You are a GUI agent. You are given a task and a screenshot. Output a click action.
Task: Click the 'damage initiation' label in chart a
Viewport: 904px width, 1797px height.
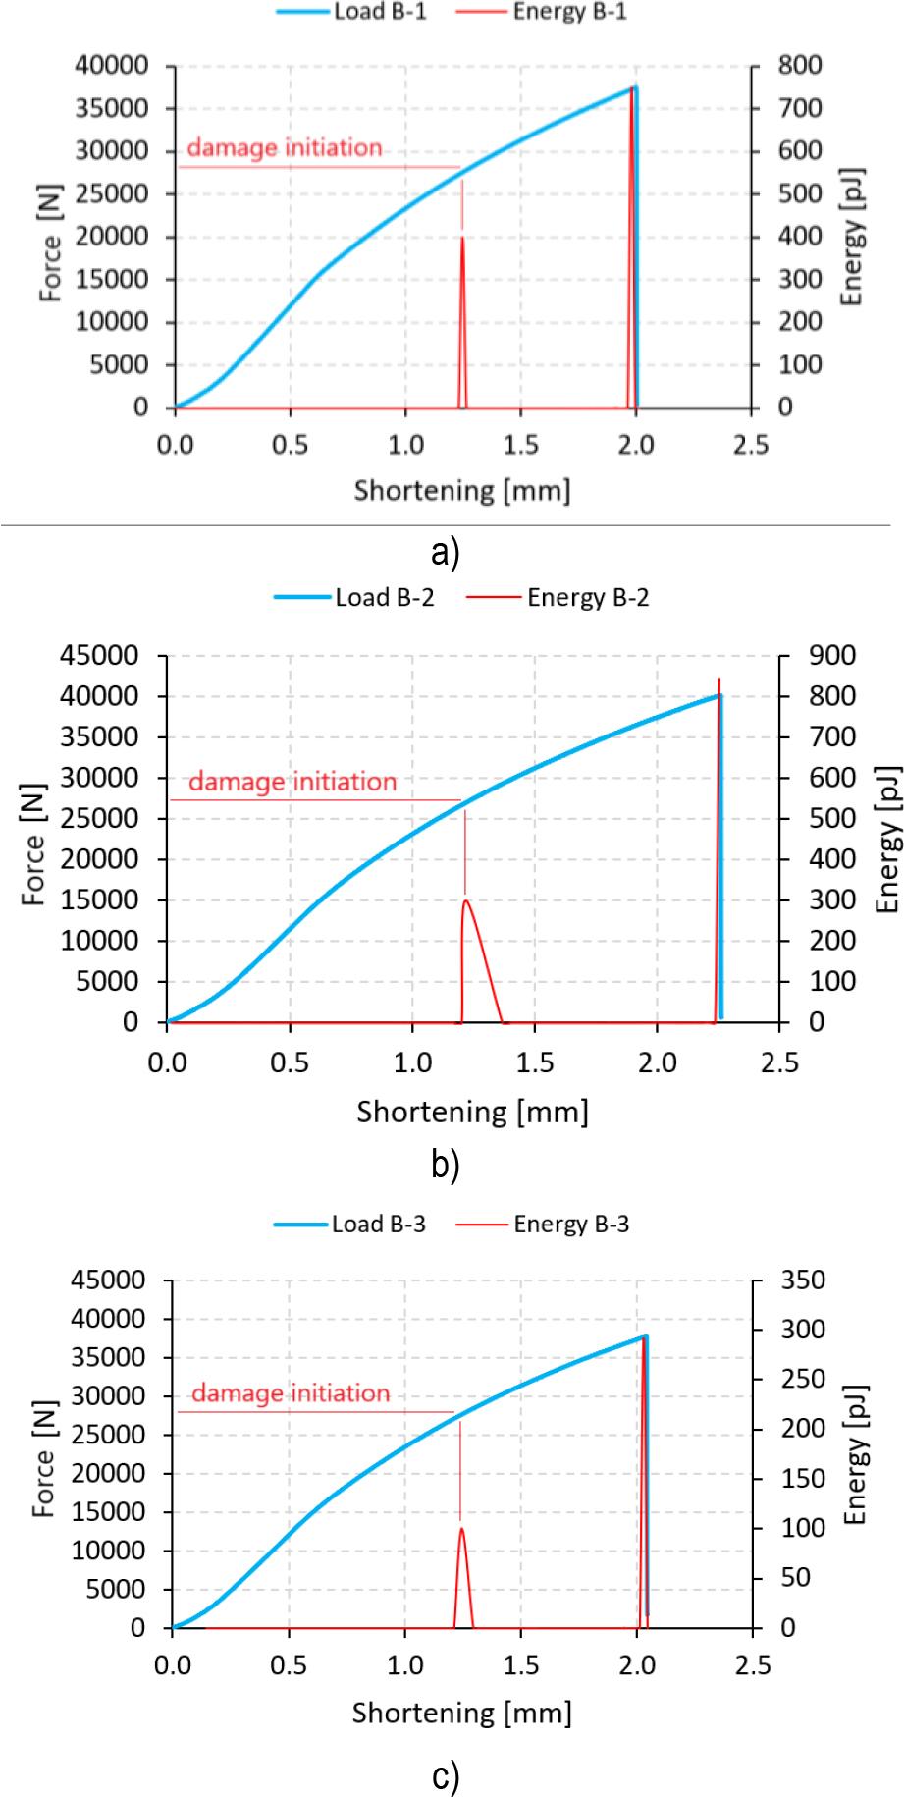[x=284, y=148]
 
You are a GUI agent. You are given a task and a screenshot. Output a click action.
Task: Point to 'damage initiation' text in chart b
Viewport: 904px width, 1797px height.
[x=292, y=782]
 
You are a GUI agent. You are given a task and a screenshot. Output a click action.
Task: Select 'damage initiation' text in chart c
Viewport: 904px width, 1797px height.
[x=291, y=1393]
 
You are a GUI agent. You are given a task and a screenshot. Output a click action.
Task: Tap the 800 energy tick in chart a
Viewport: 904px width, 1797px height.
[x=800, y=66]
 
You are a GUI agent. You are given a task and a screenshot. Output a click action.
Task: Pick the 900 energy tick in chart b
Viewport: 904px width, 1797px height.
[x=831, y=655]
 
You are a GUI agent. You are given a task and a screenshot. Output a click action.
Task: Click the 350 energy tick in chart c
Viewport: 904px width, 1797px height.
[x=804, y=1280]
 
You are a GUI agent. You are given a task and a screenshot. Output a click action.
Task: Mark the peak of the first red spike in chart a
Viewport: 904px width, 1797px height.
[x=462, y=237]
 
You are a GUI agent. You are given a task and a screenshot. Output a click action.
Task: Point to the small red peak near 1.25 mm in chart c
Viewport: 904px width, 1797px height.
[x=461, y=1528]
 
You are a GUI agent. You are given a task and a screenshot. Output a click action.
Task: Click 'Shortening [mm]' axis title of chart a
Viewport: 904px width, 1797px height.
[x=461, y=489]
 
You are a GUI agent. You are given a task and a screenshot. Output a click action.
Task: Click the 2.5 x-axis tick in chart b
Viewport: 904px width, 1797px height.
[x=779, y=1063]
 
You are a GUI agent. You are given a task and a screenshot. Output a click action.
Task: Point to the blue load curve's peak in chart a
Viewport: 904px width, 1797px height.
[x=634, y=87]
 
